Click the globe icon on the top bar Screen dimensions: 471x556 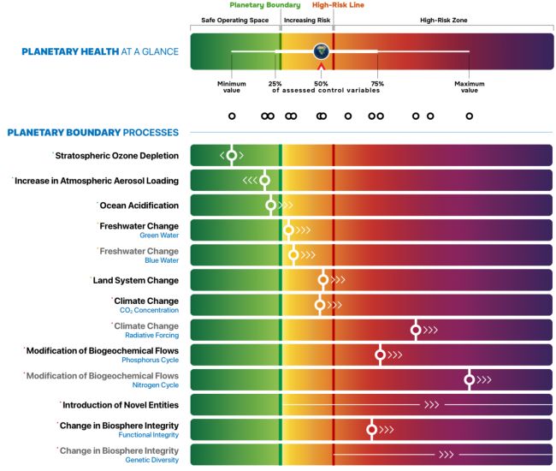click(x=321, y=51)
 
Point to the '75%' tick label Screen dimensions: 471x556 click(x=377, y=84)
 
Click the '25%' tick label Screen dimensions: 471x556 click(x=275, y=84)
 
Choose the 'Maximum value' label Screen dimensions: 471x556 click(x=469, y=86)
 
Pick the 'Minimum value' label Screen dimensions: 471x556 click(x=232, y=86)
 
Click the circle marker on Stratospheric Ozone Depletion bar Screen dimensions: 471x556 click(x=231, y=155)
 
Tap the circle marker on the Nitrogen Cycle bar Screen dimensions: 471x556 click(x=469, y=379)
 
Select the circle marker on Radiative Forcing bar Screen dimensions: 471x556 click(x=416, y=330)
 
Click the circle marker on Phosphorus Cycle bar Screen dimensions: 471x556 click(x=381, y=355)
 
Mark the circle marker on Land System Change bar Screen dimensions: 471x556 click(x=322, y=280)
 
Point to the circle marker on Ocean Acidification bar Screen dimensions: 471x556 click(x=271, y=205)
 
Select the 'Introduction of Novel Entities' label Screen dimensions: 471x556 click(x=121, y=404)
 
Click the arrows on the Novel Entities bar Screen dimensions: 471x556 click(x=431, y=404)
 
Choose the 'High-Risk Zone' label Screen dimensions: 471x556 click(x=444, y=19)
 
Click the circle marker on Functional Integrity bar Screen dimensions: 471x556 click(x=371, y=429)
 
